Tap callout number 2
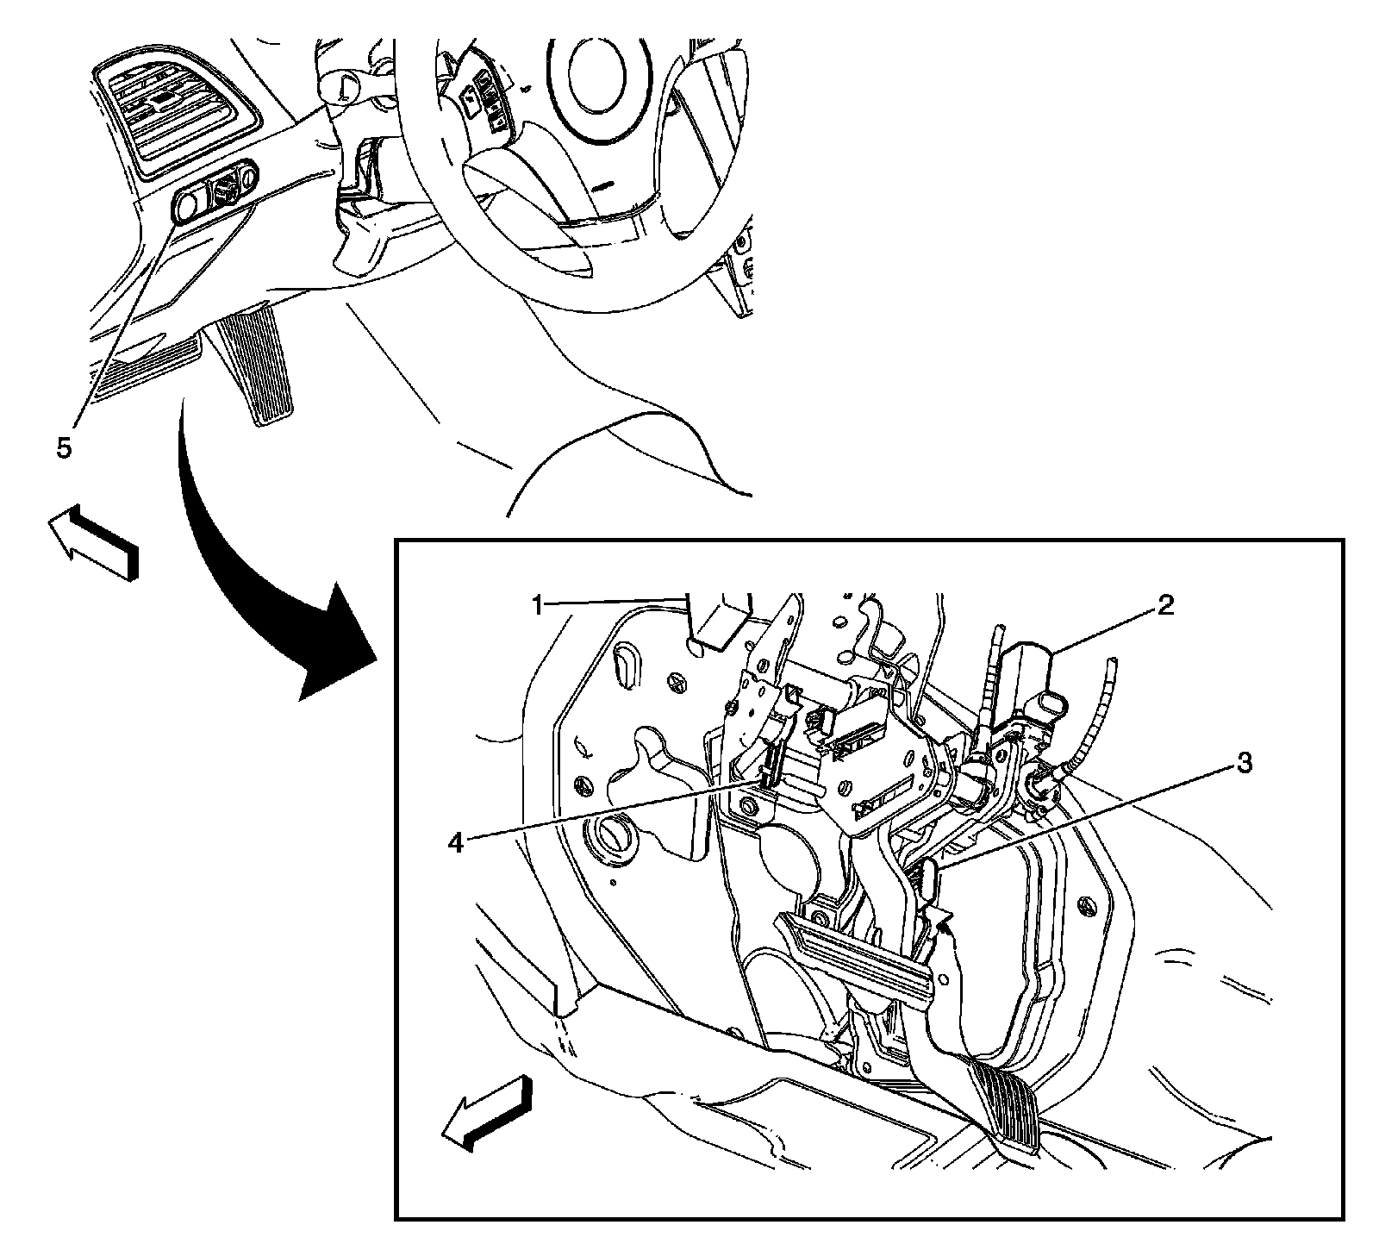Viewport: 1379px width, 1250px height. point(1164,606)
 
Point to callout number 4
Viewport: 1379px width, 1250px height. point(456,842)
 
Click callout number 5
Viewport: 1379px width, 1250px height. point(65,447)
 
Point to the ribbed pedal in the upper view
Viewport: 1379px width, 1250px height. point(255,363)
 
